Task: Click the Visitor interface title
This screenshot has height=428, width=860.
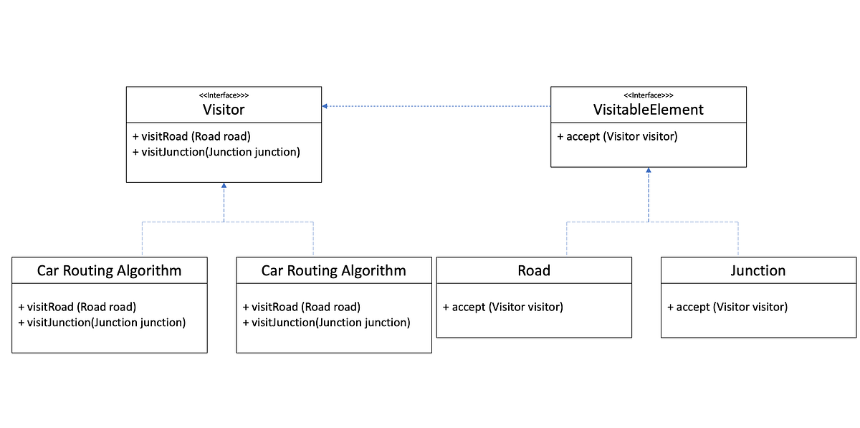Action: (x=224, y=110)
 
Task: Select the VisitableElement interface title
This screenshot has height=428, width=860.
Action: (x=648, y=110)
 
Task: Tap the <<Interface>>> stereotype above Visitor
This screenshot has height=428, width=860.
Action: (x=224, y=95)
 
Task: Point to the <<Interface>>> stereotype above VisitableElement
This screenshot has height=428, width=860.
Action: (x=648, y=95)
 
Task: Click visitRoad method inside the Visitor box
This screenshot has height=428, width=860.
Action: (x=191, y=136)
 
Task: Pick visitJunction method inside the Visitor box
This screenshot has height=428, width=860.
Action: (x=216, y=152)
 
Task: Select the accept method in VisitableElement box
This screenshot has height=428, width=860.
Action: (x=616, y=136)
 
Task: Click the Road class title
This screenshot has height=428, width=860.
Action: (x=534, y=270)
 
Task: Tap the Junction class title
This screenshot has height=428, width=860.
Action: (x=758, y=270)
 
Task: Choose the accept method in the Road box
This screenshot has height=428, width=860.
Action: (x=502, y=307)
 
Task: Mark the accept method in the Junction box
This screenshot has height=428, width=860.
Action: (x=727, y=307)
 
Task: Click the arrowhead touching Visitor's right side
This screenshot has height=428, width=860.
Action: (x=325, y=106)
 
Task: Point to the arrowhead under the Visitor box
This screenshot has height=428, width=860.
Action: (x=224, y=186)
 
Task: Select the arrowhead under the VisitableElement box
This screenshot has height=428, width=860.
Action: (x=649, y=171)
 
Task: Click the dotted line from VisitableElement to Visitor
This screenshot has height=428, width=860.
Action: (x=437, y=106)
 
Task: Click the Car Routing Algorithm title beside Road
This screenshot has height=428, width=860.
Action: (x=333, y=270)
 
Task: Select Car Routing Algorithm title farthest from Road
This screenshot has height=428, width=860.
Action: (x=109, y=270)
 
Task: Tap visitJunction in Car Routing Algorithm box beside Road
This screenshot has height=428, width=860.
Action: (x=326, y=323)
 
